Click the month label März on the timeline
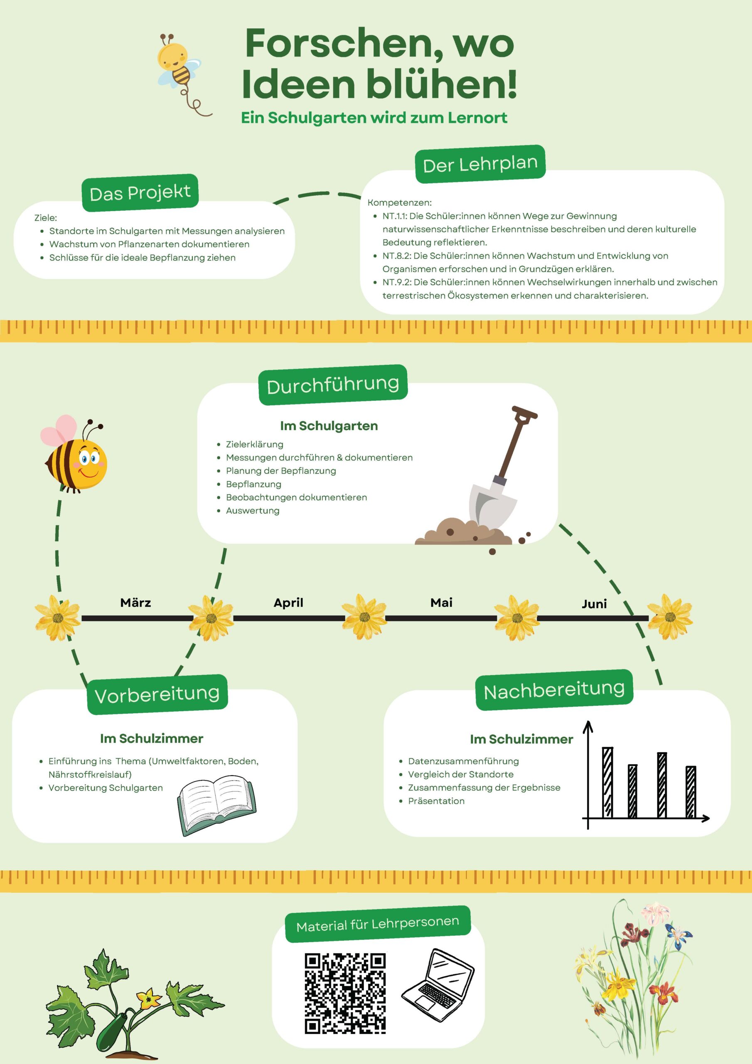click(136, 602)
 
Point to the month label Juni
click(595, 604)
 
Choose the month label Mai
click(442, 602)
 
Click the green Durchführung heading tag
click(333, 384)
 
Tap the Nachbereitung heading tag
click(554, 690)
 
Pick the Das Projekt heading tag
click(140, 193)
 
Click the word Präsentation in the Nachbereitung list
click(436, 801)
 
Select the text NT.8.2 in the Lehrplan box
click(396, 256)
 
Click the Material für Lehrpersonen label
click(378, 924)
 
